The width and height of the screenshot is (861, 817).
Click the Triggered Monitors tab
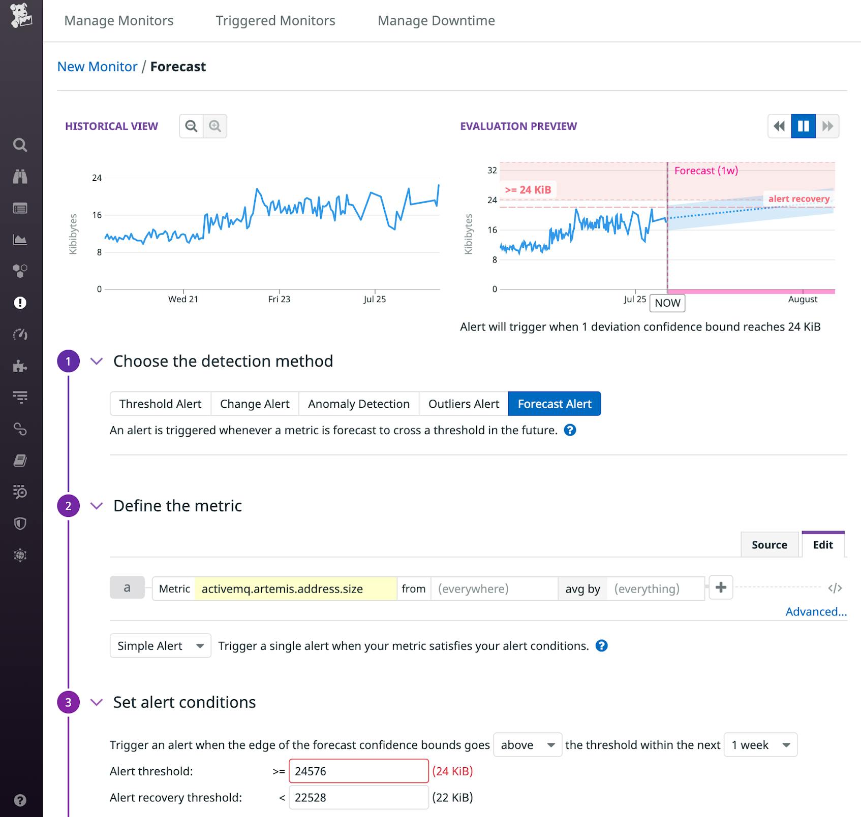(275, 21)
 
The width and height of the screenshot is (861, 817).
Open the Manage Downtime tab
(436, 21)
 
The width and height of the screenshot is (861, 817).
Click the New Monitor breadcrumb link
(97, 67)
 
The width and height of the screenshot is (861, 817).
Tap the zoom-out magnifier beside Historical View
(191, 126)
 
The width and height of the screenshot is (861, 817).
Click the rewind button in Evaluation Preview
(779, 126)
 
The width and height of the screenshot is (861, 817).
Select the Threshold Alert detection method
(160, 404)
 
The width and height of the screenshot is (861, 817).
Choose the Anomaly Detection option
(358, 404)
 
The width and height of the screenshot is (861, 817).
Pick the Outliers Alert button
(464, 404)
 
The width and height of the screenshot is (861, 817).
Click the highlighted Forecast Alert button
(554, 404)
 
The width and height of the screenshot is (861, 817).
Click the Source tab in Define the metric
(769, 545)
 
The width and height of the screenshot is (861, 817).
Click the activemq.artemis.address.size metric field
(295, 589)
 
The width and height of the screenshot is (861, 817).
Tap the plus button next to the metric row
(720, 587)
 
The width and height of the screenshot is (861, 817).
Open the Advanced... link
(816, 612)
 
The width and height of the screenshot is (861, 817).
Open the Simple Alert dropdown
(160, 646)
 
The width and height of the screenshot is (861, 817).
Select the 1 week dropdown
(760, 745)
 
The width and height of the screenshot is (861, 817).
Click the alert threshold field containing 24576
(358, 771)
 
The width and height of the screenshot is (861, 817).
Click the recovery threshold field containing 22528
(358, 798)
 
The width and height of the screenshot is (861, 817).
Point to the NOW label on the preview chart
(667, 303)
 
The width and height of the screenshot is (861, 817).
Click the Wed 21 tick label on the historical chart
(183, 300)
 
